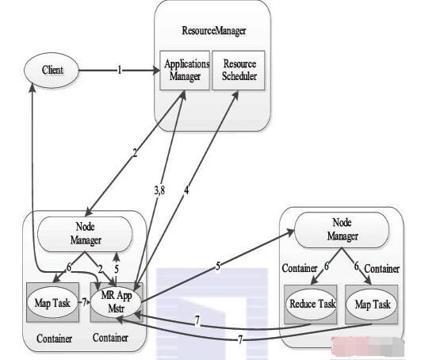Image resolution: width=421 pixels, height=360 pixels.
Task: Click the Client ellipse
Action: pyautogui.click(x=52, y=71)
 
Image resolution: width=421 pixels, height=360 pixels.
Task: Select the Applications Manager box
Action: pyautogui.click(x=185, y=71)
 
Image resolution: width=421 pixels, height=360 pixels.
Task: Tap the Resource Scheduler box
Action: pyautogui.click(x=239, y=71)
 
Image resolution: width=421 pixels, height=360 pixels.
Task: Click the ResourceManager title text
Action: pyautogui.click(x=214, y=31)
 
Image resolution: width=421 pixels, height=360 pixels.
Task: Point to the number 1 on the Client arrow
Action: pyautogui.click(x=120, y=71)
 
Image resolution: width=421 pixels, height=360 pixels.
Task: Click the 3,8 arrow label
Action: pyautogui.click(x=159, y=190)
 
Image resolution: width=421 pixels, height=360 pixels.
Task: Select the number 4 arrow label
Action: pyautogui.click(x=186, y=190)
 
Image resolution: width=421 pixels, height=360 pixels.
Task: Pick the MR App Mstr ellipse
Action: pyautogui.click(x=116, y=302)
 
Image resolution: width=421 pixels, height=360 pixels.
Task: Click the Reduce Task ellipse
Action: pyautogui.click(x=311, y=304)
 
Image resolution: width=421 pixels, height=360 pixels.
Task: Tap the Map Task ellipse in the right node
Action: pyautogui.click(x=372, y=304)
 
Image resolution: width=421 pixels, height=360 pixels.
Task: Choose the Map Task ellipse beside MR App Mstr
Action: pyautogui.click(x=52, y=303)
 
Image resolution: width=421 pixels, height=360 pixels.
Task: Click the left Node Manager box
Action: pyautogui.click(x=85, y=234)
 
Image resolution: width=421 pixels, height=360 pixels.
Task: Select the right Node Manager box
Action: pyautogui.click(x=342, y=230)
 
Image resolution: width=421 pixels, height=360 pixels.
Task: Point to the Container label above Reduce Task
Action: pyautogui.click(x=300, y=268)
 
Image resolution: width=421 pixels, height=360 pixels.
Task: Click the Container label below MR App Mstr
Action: pyautogui.click(x=110, y=338)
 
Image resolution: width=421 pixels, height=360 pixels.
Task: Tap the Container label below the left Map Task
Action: pyautogui.click(x=54, y=339)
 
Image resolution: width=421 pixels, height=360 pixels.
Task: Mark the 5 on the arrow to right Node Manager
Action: pyautogui.click(x=218, y=266)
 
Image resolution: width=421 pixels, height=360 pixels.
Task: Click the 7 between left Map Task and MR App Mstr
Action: pyautogui.click(x=84, y=303)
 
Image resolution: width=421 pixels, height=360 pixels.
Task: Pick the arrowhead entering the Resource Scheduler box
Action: pyautogui.click(x=235, y=95)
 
